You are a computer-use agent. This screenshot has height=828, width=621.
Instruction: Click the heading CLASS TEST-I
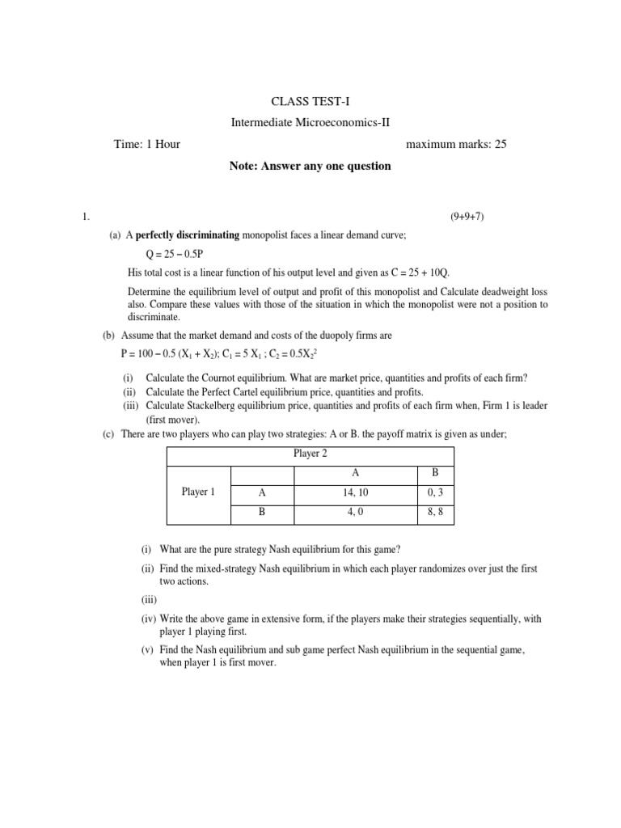click(310, 100)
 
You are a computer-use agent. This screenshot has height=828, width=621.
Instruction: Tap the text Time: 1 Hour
click(147, 144)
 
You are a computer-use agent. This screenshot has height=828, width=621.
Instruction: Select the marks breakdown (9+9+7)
click(467, 217)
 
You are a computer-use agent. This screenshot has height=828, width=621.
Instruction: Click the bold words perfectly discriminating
click(188, 234)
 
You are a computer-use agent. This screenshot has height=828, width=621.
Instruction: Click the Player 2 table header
click(310, 454)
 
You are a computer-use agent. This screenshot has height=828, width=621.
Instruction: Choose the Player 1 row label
click(198, 492)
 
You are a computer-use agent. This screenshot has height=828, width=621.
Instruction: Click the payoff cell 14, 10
click(355, 492)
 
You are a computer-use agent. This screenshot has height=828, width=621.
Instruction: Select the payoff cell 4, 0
click(355, 511)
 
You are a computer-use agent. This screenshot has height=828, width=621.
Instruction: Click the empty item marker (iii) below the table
click(140, 599)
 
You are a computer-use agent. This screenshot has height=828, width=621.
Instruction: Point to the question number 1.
click(82, 217)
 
